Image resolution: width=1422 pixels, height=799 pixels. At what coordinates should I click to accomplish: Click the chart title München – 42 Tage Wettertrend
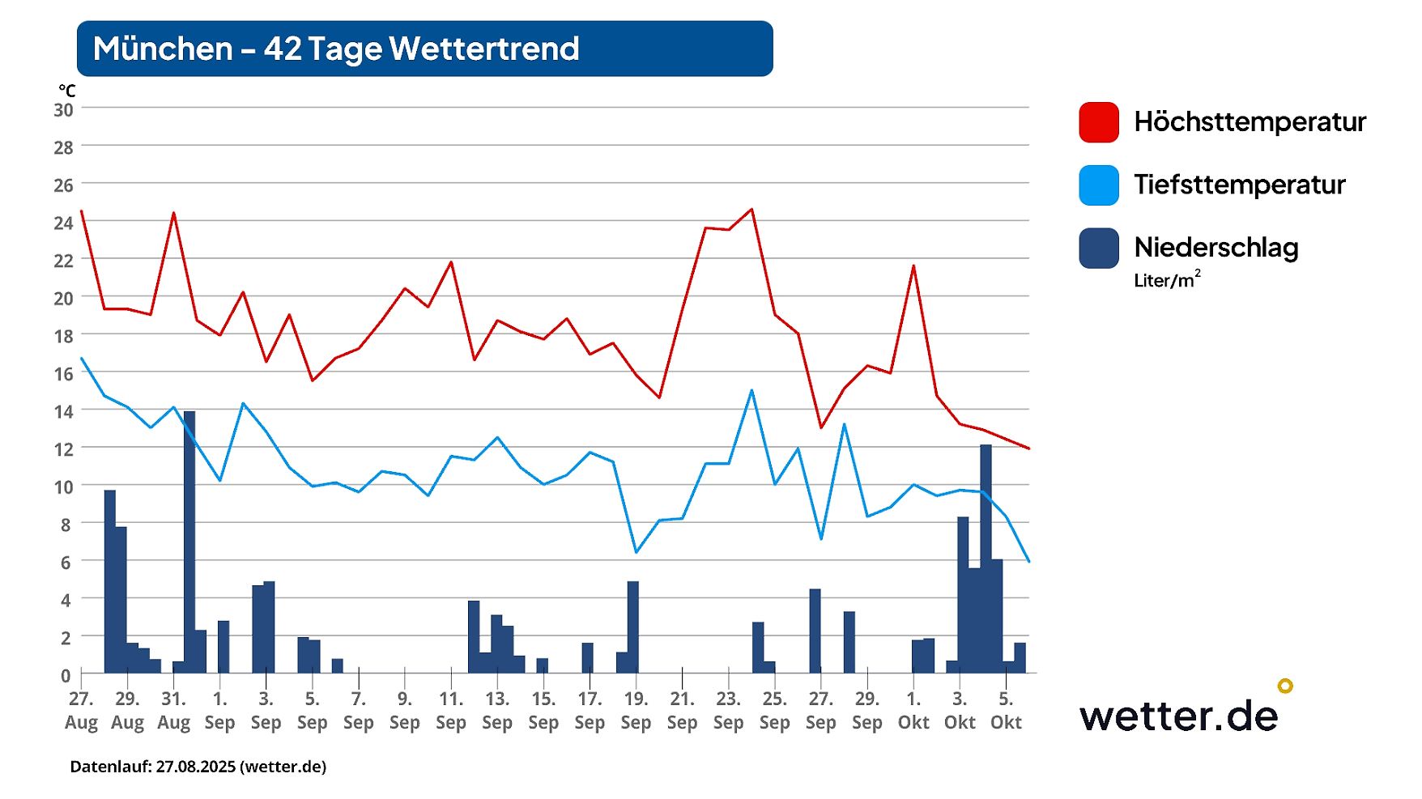coord(336,49)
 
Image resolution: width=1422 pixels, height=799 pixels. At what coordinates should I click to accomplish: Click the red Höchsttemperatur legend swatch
coord(1098,122)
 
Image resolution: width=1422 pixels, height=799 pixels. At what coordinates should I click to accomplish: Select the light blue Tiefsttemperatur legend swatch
coord(1098,185)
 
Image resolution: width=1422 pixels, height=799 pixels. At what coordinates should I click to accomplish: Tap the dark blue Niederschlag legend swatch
coord(1098,248)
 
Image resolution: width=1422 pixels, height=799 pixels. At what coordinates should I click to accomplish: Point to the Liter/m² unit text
coord(1166,280)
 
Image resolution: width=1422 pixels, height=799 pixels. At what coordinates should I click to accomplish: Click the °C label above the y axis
coord(66,91)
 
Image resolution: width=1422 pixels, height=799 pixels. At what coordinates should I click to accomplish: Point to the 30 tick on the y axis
coord(63,110)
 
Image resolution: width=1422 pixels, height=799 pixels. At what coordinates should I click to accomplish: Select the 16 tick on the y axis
coord(63,374)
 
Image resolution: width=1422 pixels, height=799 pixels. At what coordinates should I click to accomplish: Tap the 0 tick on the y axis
coord(66,675)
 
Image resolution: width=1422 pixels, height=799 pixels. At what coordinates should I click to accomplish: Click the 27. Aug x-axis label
coord(81,711)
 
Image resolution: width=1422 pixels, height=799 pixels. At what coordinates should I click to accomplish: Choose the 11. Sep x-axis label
coord(451,711)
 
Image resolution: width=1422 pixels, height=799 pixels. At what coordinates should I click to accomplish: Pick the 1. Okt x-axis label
coord(913,711)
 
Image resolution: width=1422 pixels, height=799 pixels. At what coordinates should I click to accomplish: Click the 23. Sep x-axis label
coord(728,711)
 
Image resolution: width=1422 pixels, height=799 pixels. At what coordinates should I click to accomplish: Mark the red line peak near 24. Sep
coord(751,210)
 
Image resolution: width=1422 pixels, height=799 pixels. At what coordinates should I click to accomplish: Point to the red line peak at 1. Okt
coord(913,266)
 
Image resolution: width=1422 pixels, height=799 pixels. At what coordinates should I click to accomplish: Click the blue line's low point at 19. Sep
coord(636,552)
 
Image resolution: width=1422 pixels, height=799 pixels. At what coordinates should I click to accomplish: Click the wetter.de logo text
coord(1178,715)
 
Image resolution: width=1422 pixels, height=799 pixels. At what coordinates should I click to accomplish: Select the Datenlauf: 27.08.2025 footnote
coord(198,767)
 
